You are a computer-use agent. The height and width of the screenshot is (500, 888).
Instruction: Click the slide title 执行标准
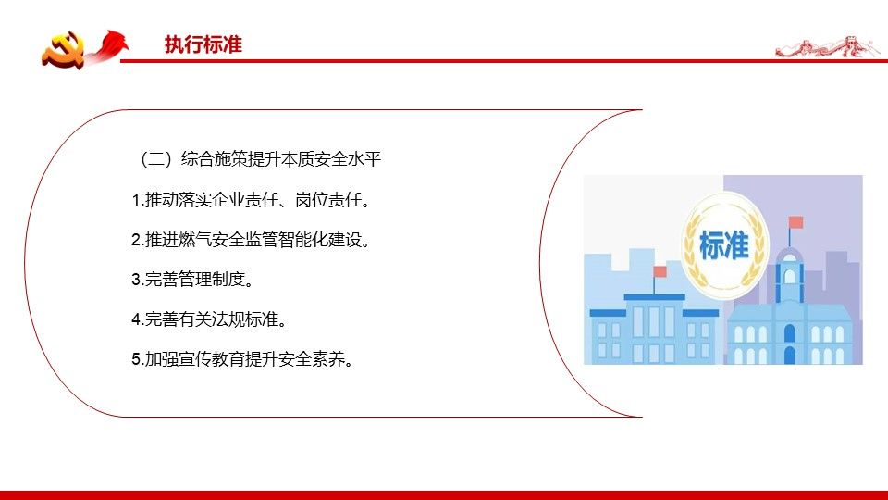tap(203, 44)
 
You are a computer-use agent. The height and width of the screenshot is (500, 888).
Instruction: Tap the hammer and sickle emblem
tap(63, 50)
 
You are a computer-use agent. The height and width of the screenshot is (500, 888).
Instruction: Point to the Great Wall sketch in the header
tap(827, 46)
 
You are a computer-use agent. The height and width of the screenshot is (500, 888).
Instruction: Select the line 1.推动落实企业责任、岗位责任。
tap(251, 200)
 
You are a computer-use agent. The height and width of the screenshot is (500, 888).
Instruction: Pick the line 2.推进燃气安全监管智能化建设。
tap(251, 240)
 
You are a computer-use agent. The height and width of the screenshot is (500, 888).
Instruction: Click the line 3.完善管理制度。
tap(192, 279)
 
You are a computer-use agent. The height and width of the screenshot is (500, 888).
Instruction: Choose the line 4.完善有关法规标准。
tap(209, 319)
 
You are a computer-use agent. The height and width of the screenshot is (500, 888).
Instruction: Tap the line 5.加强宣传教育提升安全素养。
tap(242, 359)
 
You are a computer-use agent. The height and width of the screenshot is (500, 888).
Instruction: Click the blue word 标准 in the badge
tap(723, 244)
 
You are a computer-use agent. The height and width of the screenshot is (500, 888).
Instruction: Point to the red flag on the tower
tap(795, 221)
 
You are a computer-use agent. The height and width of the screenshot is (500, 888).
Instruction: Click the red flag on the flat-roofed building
tap(660, 271)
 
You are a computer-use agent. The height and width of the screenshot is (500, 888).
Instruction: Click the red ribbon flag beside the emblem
tap(109, 45)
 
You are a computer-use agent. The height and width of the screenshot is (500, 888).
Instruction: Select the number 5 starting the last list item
tap(136, 359)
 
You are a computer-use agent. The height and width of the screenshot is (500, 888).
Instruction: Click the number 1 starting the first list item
tap(136, 200)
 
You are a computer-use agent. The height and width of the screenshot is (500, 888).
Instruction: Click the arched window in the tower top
tap(789, 277)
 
